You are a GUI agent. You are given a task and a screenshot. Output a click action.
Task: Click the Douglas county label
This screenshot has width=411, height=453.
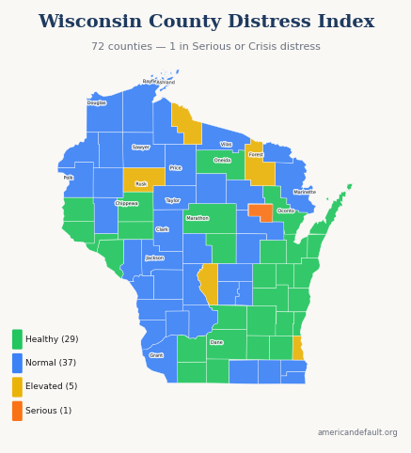point(96,102)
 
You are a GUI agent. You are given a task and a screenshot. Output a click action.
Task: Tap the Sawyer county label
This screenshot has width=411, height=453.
point(141,147)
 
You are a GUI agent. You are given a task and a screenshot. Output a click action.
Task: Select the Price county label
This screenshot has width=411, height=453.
point(175,167)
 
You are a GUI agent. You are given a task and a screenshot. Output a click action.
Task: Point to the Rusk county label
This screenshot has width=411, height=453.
point(141,183)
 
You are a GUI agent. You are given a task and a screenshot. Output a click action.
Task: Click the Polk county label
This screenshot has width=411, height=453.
point(68,177)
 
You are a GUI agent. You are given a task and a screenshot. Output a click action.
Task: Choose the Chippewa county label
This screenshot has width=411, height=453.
point(127,203)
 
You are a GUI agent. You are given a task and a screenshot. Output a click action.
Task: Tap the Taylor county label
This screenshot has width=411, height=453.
point(172,200)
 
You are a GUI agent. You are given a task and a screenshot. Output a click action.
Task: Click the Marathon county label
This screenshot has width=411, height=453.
point(198,218)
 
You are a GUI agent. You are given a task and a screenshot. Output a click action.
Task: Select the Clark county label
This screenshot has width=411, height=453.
point(162,229)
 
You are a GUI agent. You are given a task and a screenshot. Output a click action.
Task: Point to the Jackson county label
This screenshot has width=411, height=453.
point(154,258)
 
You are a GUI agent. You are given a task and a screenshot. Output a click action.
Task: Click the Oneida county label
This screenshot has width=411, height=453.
point(222,160)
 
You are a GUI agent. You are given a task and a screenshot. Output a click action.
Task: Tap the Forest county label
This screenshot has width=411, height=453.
point(256,154)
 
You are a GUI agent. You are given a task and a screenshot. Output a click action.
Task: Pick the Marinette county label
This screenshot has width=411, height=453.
point(305,192)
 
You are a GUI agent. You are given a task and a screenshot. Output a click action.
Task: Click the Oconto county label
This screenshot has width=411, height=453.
point(286,211)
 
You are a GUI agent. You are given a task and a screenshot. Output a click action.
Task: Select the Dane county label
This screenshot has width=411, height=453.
point(216,342)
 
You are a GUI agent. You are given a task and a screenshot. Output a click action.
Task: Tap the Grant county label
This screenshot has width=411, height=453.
point(156,355)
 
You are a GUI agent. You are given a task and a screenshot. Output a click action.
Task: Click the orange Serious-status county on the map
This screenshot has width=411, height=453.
point(261,212)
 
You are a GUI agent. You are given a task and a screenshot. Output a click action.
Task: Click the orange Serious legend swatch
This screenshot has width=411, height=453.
point(17,411)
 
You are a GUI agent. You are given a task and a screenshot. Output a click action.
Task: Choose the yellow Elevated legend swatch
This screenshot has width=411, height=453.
point(17,386)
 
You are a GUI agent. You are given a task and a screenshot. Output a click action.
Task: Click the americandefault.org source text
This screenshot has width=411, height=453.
point(357,432)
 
